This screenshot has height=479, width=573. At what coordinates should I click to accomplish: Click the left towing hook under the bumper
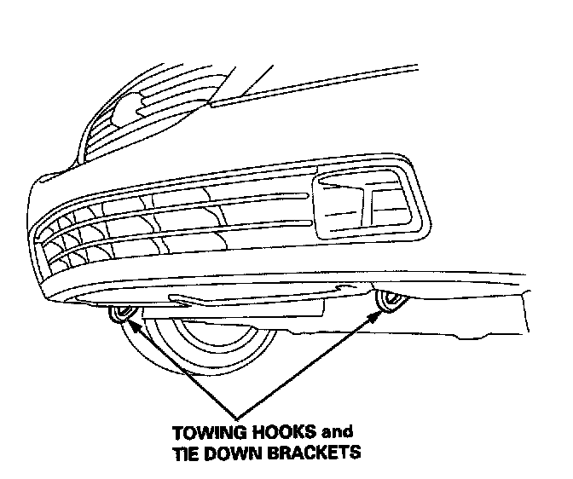click(x=120, y=315)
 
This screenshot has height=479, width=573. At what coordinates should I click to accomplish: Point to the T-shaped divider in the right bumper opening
click(x=368, y=205)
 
